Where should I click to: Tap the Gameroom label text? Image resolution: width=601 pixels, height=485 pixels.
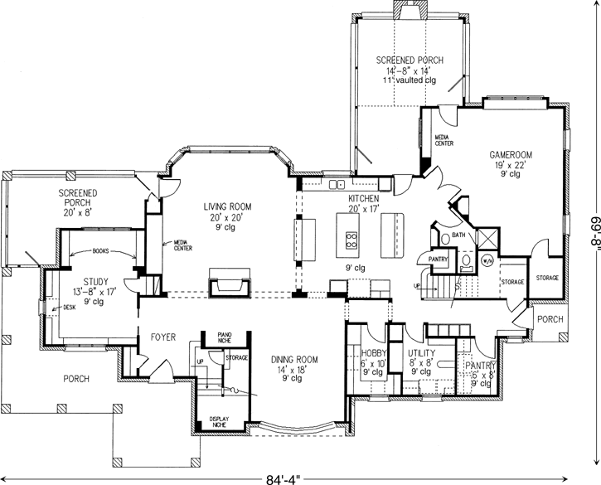click(x=510, y=155)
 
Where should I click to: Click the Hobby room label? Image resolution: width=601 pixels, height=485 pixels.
click(x=374, y=353)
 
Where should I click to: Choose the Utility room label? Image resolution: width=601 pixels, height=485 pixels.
click(x=421, y=353)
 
